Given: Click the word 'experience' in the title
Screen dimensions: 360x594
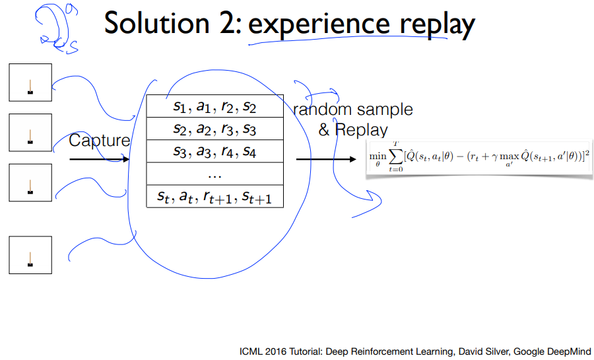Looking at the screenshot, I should pos(309,24).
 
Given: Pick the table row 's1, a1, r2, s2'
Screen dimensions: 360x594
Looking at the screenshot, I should pos(214,106).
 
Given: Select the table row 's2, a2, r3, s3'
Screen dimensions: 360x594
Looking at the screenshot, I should pos(214,129).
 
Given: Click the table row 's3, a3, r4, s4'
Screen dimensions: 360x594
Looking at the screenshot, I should pos(214,152).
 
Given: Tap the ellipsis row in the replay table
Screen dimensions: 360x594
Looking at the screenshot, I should pos(214,175).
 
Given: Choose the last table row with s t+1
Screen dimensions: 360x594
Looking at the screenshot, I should pos(214,196).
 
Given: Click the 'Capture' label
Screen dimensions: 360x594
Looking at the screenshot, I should pos(99,141).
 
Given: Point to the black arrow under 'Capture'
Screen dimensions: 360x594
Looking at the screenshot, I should pos(99,159).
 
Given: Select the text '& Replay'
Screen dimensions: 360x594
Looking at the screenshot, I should pos(353,129).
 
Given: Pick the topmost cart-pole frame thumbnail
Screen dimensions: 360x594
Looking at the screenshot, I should pos(30,82).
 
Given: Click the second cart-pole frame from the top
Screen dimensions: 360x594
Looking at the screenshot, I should pos(30,133).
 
